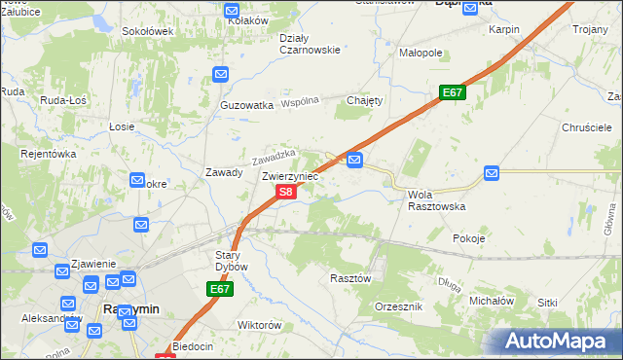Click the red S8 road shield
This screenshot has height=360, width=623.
(284, 193)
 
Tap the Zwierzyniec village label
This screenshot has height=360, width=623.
(290, 177)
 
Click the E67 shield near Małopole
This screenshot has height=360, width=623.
(452, 92)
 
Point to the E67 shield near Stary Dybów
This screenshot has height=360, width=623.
(219, 290)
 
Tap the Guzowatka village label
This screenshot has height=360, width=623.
(247, 105)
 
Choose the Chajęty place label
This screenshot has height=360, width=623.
(365, 100)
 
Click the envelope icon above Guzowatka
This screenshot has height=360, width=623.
(221, 73)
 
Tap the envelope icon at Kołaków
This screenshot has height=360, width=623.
(233, 12)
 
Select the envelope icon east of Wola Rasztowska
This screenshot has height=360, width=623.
(492, 172)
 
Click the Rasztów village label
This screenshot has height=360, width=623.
(350, 277)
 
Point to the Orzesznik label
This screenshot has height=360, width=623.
(398, 306)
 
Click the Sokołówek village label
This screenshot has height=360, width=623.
(147, 31)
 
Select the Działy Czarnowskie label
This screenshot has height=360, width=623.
(310, 44)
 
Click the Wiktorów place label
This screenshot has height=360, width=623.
(259, 325)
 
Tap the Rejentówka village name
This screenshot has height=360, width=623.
(48, 154)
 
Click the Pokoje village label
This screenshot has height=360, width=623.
(469, 238)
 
